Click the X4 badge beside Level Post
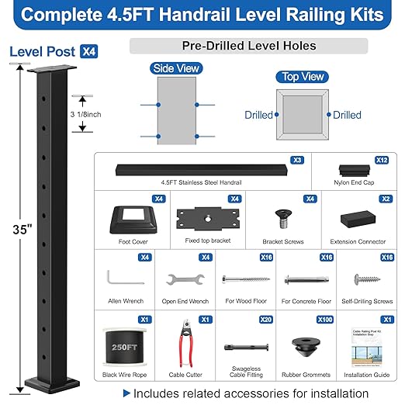88,52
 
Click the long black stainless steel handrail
200,169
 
